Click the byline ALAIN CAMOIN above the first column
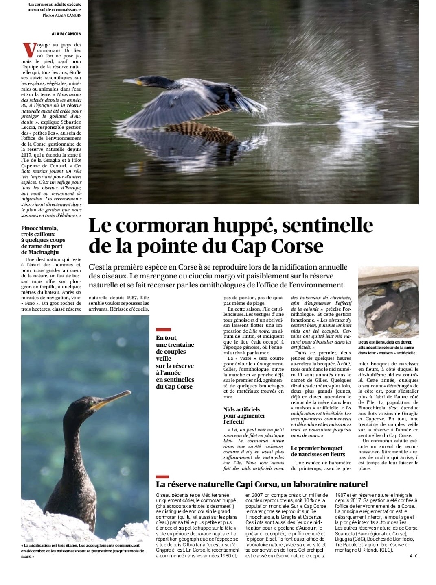(66, 34)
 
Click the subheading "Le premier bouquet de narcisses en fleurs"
(318, 451)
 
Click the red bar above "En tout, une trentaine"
(163, 330)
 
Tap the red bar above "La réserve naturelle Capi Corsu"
(162, 476)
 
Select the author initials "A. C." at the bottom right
(414, 556)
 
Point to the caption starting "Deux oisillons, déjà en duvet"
(387, 348)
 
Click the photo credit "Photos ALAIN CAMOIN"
(62, 15)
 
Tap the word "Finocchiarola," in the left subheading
(39, 228)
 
